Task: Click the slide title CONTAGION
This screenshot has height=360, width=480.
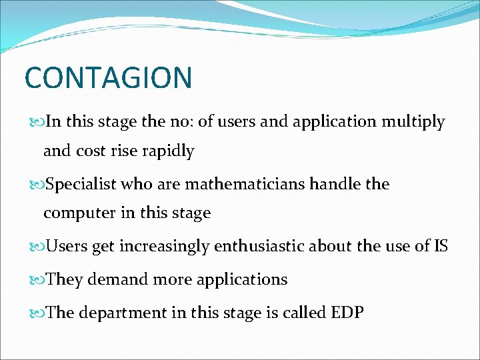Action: [x=108, y=77]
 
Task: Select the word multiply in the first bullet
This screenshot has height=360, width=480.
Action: [x=413, y=122]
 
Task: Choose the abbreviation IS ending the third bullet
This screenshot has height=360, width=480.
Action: [x=441, y=247]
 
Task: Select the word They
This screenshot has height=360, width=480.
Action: [x=64, y=279]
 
